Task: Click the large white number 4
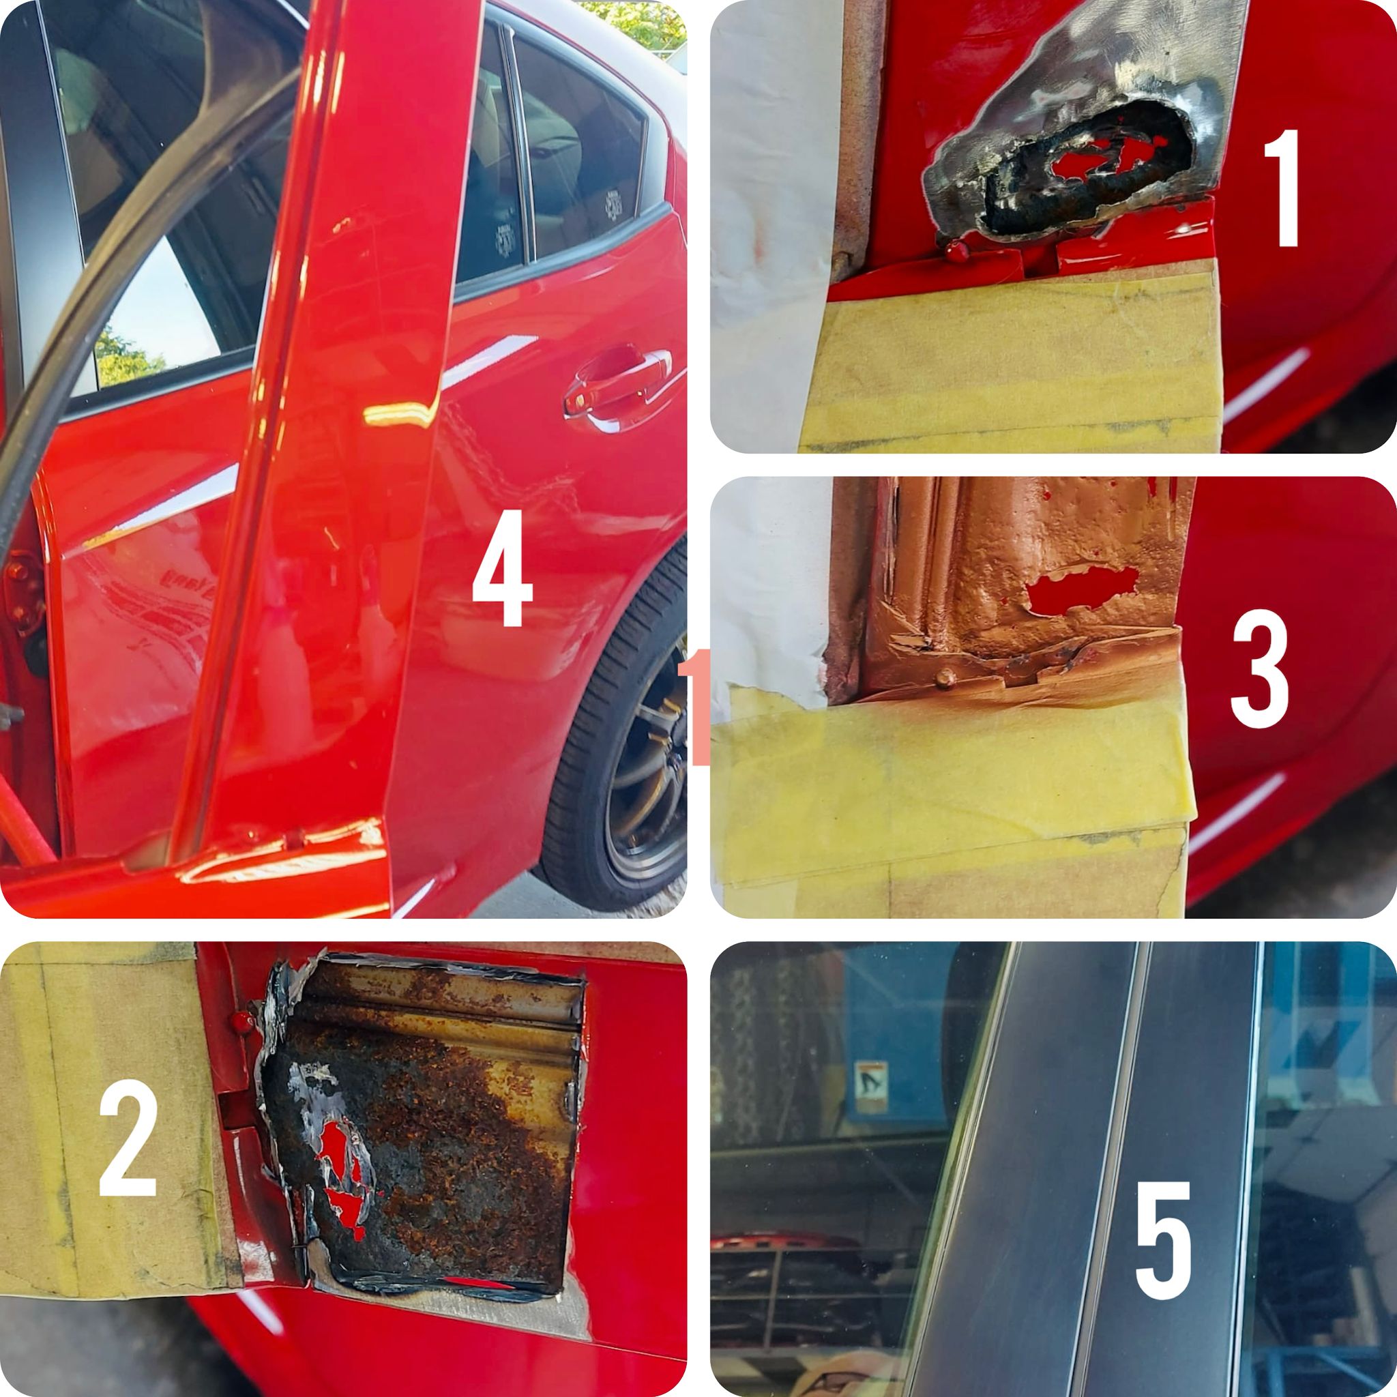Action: [502, 568]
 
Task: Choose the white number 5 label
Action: [1163, 1241]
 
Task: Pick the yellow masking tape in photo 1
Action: [1012, 362]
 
